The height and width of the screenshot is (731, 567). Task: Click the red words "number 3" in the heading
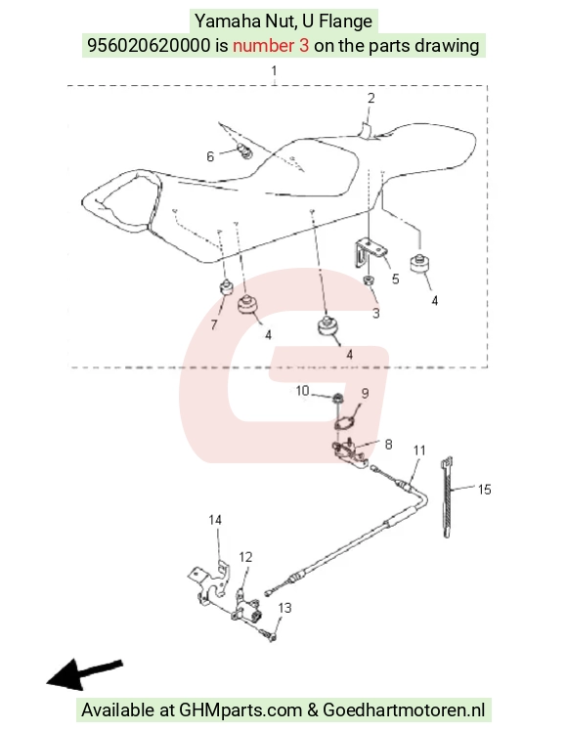pos(271,46)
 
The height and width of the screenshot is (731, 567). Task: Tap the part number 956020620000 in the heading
pos(149,46)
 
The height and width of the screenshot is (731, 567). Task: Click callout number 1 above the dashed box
pos(274,71)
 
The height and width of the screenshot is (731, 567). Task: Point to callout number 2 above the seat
pos(371,99)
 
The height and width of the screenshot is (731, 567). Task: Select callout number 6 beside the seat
pos(210,156)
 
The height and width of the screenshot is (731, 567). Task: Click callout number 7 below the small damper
pos(213,324)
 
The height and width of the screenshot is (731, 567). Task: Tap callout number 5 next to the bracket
pos(395,279)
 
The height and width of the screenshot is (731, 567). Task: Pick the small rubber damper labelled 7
pos(226,287)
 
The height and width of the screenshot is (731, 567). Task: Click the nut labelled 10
pos(336,399)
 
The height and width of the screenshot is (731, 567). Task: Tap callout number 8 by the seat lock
pos(388,445)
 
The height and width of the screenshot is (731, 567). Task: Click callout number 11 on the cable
pos(419,451)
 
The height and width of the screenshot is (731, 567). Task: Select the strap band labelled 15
pos(446,497)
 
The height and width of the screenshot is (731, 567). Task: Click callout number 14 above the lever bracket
pos(215,520)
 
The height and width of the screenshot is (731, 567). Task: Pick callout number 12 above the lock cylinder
pos(245,557)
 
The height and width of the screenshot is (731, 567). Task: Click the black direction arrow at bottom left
pos(84,674)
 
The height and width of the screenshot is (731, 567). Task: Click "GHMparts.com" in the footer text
pos(240,710)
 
